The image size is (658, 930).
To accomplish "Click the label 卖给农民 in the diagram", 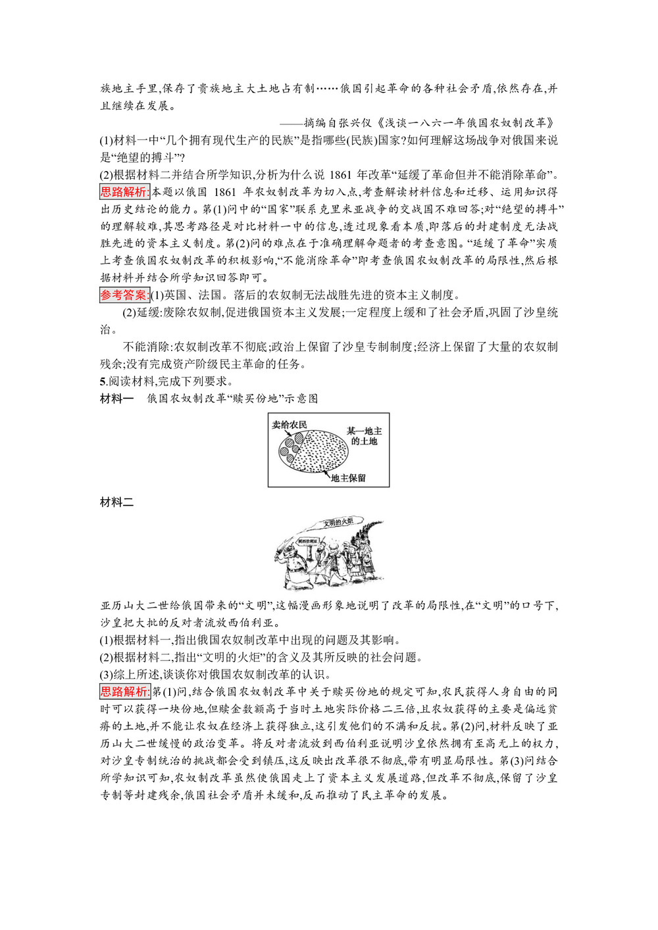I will click(x=290, y=425).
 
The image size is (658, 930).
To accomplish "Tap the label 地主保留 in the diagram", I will click(x=348, y=478).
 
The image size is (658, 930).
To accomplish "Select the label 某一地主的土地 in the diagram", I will click(x=364, y=436).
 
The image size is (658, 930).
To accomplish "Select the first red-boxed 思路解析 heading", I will click(x=124, y=192).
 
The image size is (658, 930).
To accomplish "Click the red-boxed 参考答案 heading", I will click(x=124, y=295).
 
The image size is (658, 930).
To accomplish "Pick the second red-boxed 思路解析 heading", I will click(x=124, y=692).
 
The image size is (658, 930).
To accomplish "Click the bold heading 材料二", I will click(x=116, y=502).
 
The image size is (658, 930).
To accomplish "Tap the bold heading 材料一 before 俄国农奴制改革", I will click(x=116, y=399).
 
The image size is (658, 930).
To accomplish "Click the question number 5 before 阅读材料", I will click(x=103, y=381).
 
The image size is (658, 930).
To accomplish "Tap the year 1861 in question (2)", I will click(x=340, y=175).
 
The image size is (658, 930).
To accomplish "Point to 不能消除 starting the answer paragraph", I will click(x=146, y=347).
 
